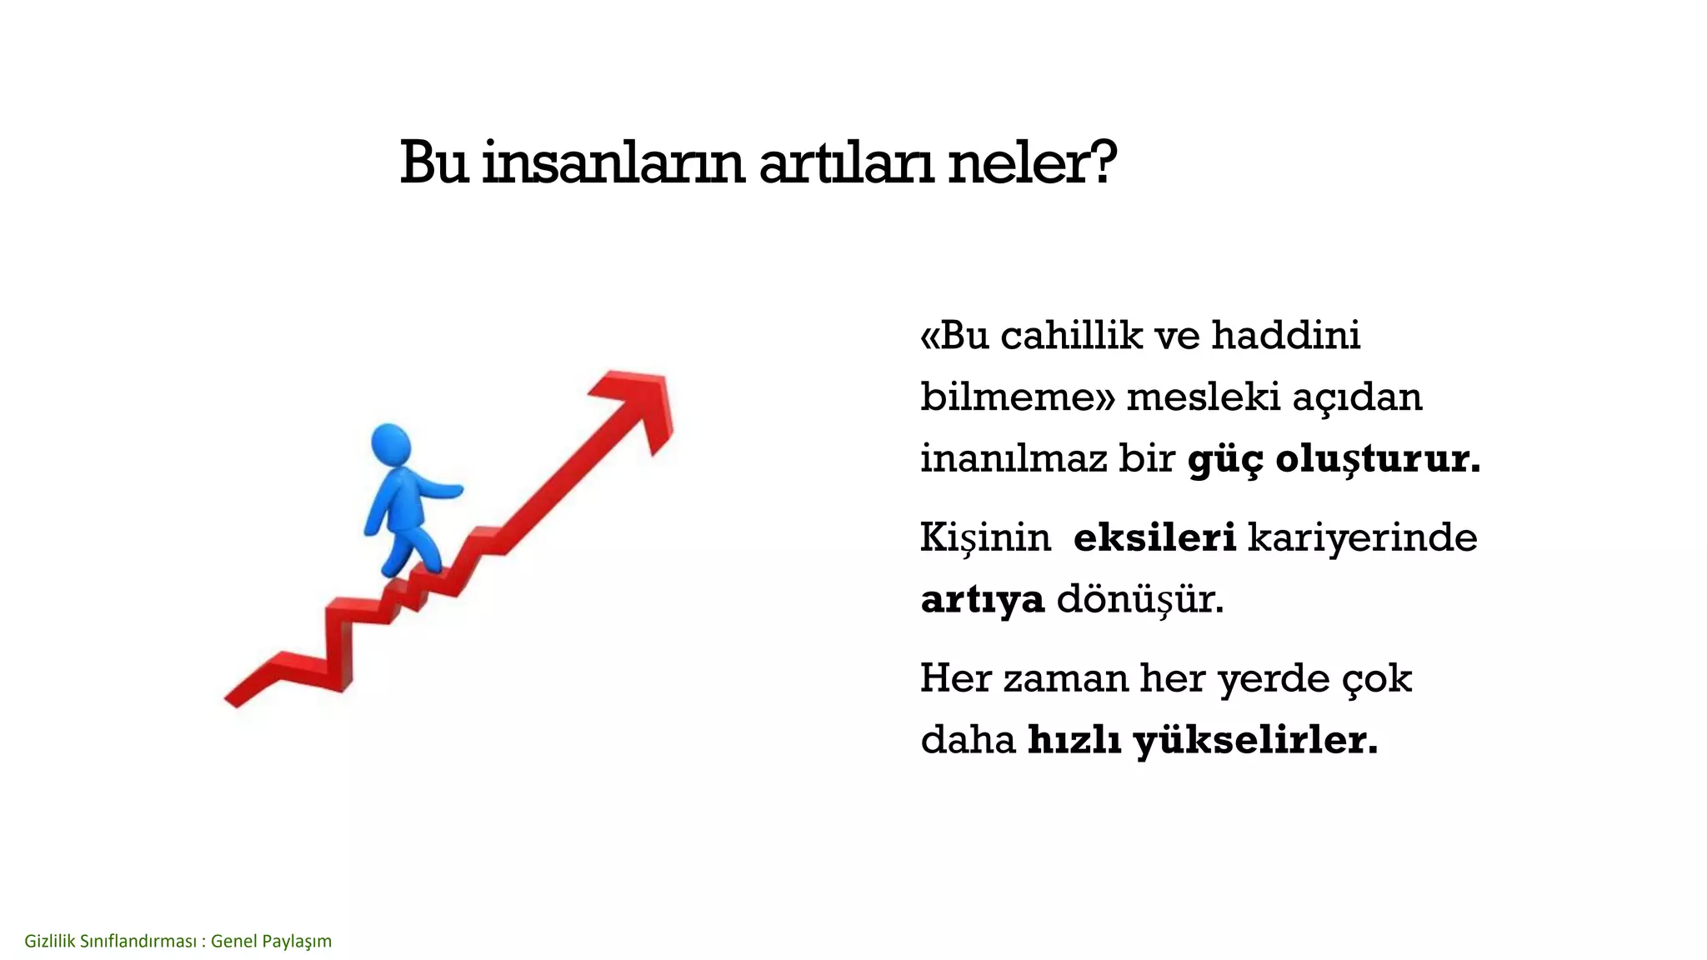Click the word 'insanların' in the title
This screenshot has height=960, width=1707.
click(x=613, y=163)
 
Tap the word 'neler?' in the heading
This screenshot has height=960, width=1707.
click(x=1031, y=163)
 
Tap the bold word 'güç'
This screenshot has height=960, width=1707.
click(x=1224, y=459)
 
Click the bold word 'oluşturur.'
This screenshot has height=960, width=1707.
click(x=1378, y=459)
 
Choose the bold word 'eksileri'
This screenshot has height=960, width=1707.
click(x=1154, y=537)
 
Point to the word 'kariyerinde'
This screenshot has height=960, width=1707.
click(x=1362, y=537)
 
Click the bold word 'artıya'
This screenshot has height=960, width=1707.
click(x=982, y=599)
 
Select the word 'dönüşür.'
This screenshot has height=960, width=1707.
click(x=1140, y=599)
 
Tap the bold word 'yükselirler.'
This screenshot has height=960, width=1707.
click(x=1255, y=740)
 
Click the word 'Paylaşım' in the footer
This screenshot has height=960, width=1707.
click(x=296, y=942)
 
